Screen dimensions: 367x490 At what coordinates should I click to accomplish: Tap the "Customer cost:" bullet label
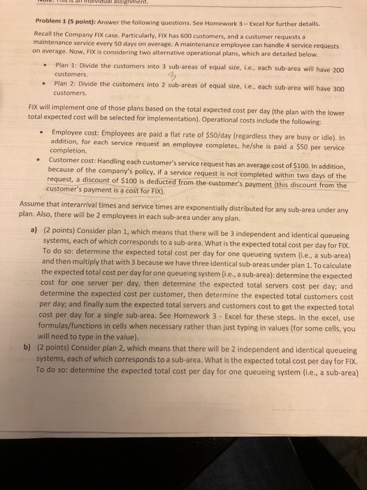(x=76, y=160)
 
